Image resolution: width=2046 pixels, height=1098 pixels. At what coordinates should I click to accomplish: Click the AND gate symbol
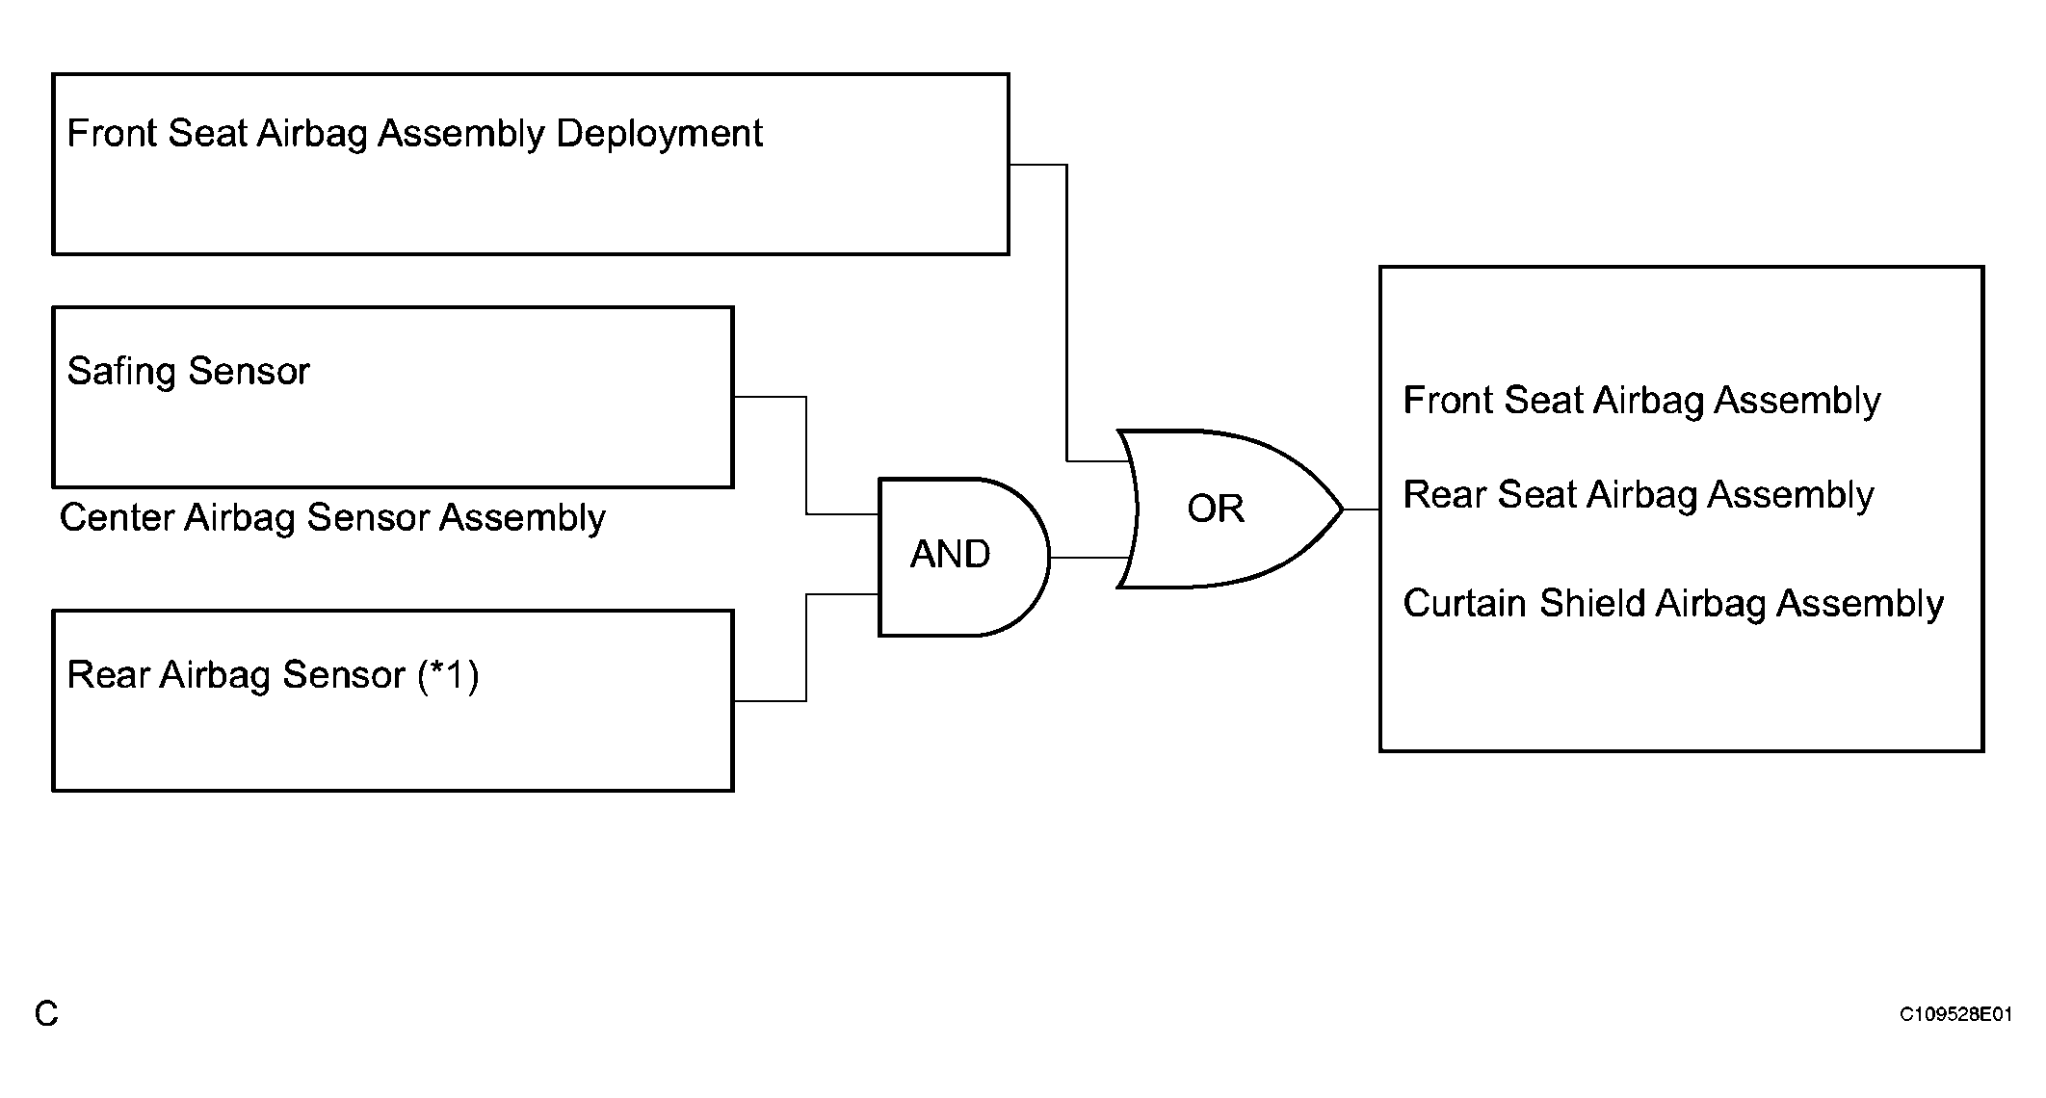[x=963, y=557]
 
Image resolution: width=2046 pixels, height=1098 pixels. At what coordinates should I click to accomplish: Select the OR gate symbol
[x=1228, y=509]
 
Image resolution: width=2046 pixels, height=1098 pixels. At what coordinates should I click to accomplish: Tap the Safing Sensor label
[x=188, y=372]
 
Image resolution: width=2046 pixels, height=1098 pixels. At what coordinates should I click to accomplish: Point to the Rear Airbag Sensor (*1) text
[x=273, y=675]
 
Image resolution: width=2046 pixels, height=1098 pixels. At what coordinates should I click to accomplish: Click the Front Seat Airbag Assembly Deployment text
[x=414, y=134]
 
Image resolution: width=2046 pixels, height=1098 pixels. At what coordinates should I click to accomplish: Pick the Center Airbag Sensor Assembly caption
[x=332, y=518]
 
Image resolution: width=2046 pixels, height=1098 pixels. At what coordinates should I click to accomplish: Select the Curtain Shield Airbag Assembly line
[x=1673, y=604]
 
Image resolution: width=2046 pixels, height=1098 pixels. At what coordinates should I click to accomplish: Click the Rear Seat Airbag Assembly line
[x=1639, y=495]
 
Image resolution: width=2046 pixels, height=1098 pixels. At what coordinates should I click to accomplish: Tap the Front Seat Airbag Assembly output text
[x=1641, y=401]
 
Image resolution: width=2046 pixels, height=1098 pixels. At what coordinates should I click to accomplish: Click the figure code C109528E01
[x=1955, y=1014]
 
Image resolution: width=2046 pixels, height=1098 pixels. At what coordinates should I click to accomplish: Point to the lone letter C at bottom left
[x=46, y=1013]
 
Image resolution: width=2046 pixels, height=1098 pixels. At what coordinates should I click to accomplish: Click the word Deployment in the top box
[x=660, y=134]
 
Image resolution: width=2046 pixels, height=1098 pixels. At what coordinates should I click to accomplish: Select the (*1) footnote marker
[x=448, y=675]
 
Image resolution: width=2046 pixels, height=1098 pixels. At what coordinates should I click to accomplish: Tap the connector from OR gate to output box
[x=1361, y=510]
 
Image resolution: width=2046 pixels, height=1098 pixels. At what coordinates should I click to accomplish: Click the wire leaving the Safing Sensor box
[x=806, y=456]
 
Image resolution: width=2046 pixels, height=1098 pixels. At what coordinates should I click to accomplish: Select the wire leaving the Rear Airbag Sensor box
[x=806, y=647]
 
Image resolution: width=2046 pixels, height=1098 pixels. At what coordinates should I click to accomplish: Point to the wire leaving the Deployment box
[x=1067, y=313]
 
